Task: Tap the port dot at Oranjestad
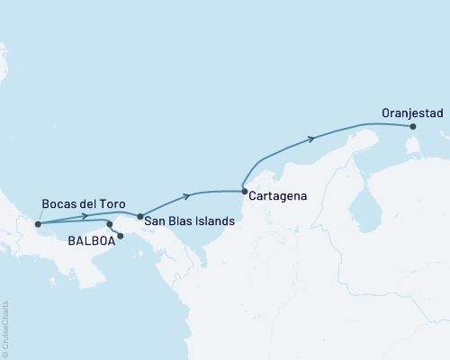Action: (413, 128)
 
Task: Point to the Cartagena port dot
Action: (245, 189)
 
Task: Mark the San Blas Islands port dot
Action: (139, 216)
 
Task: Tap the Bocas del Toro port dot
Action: (38, 224)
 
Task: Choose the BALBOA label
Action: (90, 240)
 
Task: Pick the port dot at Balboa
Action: (121, 235)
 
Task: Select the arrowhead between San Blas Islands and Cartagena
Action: (187, 195)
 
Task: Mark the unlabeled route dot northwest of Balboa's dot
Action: (110, 224)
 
